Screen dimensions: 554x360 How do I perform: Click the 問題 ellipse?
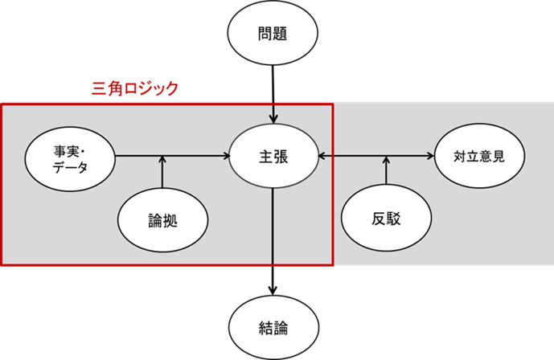[x=273, y=33]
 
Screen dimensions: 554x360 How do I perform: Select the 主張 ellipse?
[x=274, y=156]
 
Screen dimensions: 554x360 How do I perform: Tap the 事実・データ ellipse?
[x=70, y=159]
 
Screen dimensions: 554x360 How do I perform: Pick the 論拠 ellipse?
[x=163, y=220]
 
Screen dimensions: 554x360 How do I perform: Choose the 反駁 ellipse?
[x=386, y=218]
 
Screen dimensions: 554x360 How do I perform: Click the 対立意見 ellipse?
[x=479, y=156]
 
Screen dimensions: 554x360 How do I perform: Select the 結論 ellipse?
[x=274, y=328]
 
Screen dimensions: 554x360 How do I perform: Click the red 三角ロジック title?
[x=135, y=88]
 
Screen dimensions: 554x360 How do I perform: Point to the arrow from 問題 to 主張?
[x=273, y=94]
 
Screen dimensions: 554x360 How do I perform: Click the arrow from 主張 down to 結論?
[x=273, y=241]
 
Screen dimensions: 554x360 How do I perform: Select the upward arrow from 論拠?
[x=162, y=172]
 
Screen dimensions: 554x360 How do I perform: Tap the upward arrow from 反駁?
[x=386, y=170]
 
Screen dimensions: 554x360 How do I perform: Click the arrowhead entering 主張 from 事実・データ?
[x=226, y=156]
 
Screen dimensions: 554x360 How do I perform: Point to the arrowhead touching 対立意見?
[x=430, y=156]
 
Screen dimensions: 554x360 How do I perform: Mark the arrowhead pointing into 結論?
[x=273, y=290]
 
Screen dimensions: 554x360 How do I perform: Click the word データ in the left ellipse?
[x=70, y=167]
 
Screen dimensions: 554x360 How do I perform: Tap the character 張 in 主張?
[x=281, y=157]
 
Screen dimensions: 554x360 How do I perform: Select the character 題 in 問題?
[x=280, y=34]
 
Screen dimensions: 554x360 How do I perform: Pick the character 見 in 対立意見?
[x=499, y=157]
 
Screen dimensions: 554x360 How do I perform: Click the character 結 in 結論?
[x=266, y=328]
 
